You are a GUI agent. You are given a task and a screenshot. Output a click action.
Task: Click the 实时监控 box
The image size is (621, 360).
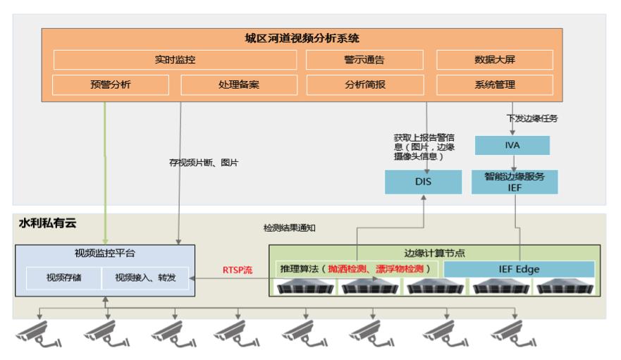coord(175,60)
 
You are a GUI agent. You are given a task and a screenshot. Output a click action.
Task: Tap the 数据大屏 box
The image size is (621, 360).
coord(494,60)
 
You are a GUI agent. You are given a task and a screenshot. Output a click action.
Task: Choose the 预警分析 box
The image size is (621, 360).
coord(110,85)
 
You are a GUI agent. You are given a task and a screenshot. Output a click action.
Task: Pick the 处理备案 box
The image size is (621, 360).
coord(238,85)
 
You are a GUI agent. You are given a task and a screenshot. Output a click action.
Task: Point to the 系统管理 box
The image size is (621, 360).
coord(494,85)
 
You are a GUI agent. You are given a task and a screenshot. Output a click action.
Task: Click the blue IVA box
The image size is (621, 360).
coord(512,145)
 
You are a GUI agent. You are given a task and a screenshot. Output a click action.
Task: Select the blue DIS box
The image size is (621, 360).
coord(423,182)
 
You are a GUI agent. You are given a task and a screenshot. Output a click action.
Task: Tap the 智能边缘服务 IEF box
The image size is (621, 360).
coord(514,182)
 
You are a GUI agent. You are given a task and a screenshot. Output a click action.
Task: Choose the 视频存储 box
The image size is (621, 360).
coord(64,278)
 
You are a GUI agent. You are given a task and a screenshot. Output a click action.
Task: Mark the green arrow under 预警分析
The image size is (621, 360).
coord(106,169)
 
